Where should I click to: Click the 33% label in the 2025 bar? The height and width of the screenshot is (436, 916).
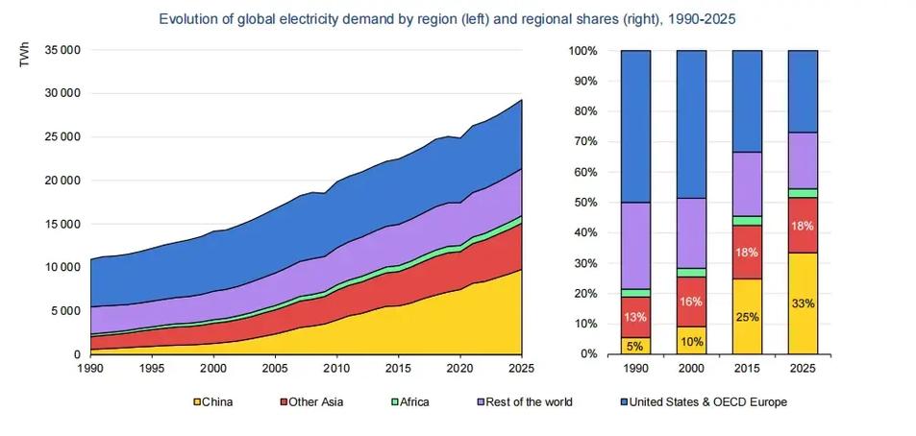803,303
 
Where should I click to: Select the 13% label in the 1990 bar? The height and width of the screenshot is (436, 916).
635,318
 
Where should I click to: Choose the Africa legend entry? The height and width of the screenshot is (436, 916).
408,401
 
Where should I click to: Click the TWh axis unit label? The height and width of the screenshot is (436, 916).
28,57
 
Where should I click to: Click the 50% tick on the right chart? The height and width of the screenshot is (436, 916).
584,202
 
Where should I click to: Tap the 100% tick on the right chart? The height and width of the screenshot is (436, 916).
582,50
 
